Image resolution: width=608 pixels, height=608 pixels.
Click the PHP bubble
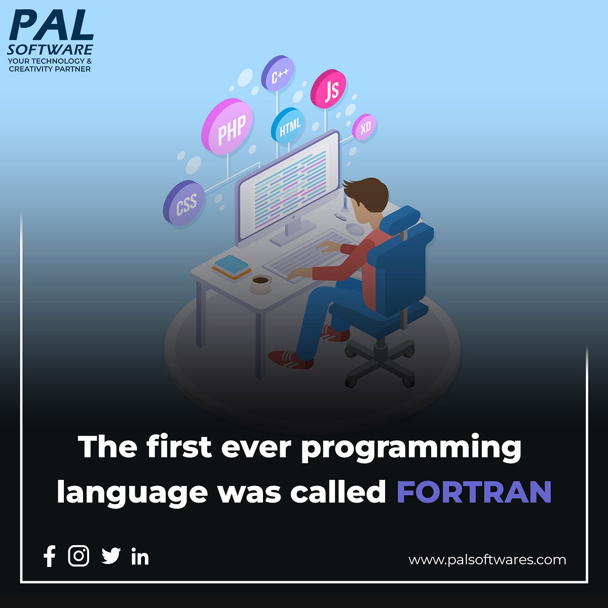(227, 127)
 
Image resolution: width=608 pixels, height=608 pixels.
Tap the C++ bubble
(278, 75)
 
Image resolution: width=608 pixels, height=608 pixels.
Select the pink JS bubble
(329, 89)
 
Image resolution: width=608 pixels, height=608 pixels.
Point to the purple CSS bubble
(184, 203)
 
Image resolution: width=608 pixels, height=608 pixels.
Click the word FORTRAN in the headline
(474, 491)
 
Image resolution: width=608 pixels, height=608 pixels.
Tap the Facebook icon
(50, 556)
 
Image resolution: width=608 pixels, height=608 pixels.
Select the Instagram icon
(79, 556)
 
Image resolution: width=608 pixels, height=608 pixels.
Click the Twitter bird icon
(111, 556)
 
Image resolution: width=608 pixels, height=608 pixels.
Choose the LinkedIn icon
(140, 556)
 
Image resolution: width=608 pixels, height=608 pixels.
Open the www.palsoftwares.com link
(487, 560)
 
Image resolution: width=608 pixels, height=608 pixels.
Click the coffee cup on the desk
(261, 283)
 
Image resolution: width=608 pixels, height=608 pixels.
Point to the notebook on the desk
(232, 266)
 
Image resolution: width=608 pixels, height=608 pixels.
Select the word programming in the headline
(411, 448)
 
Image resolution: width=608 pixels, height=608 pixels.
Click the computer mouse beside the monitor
(355, 229)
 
